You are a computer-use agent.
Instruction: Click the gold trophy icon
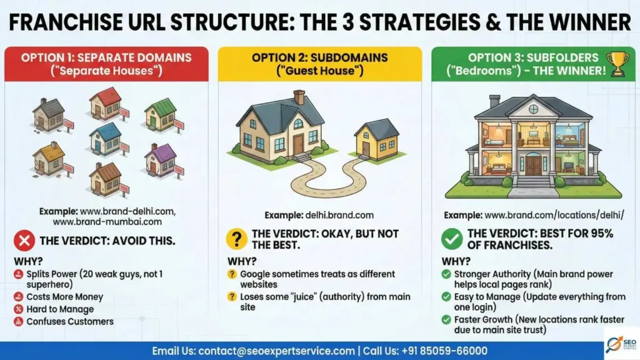(617, 64)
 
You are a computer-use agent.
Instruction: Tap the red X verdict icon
(24, 241)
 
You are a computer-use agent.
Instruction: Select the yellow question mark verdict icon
(237, 239)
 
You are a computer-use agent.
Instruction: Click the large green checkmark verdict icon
(452, 239)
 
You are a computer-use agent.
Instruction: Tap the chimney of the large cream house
(299, 97)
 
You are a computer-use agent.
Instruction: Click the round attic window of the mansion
(533, 109)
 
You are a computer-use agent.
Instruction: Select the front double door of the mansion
(533, 164)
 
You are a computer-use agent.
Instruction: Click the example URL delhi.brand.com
(339, 215)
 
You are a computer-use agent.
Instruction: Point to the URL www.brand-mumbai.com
(107, 222)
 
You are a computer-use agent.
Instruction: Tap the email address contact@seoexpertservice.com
(276, 351)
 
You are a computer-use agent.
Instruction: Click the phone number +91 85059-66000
(444, 351)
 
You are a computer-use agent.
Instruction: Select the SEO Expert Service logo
(621, 344)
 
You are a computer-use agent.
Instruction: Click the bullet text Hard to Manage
(60, 309)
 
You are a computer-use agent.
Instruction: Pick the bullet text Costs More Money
(64, 297)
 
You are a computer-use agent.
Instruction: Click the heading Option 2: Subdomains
(319, 57)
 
